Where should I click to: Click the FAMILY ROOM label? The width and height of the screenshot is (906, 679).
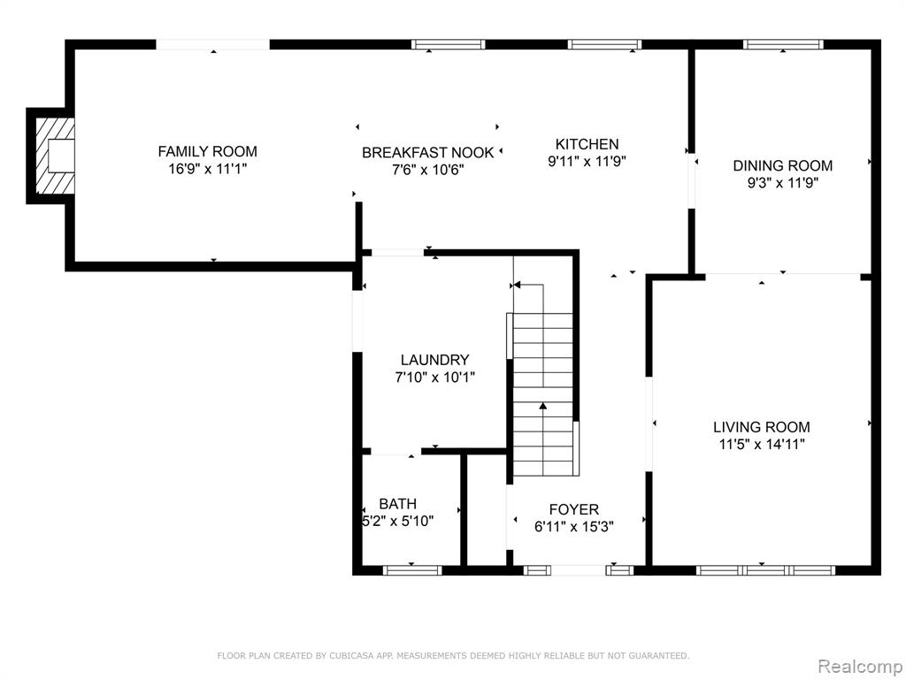[207, 151]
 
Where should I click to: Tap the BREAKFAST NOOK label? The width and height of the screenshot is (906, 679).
[427, 152]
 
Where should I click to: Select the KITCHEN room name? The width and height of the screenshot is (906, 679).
[587, 144]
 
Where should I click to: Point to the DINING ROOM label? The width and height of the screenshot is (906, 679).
[783, 165]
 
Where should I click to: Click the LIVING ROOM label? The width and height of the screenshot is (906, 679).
[762, 427]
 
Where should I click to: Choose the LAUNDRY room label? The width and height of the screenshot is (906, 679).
[434, 360]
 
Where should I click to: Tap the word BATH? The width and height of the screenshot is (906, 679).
[397, 503]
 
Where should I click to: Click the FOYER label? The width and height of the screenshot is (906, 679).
[573, 509]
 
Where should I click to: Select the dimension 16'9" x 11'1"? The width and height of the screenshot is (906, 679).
[207, 169]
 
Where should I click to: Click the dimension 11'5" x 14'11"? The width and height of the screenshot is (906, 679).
[762, 445]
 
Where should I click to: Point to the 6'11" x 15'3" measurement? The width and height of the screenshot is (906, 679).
[573, 527]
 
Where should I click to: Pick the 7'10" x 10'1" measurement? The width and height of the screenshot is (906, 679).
[434, 377]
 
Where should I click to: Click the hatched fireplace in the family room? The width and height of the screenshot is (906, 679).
[56, 156]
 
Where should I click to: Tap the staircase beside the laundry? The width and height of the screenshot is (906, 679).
[543, 394]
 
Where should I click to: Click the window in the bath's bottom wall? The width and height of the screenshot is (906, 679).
[412, 570]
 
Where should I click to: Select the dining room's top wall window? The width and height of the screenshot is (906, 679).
[784, 44]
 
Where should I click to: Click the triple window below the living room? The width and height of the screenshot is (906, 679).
[765, 570]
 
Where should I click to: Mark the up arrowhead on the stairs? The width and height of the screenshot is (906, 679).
[543, 407]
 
